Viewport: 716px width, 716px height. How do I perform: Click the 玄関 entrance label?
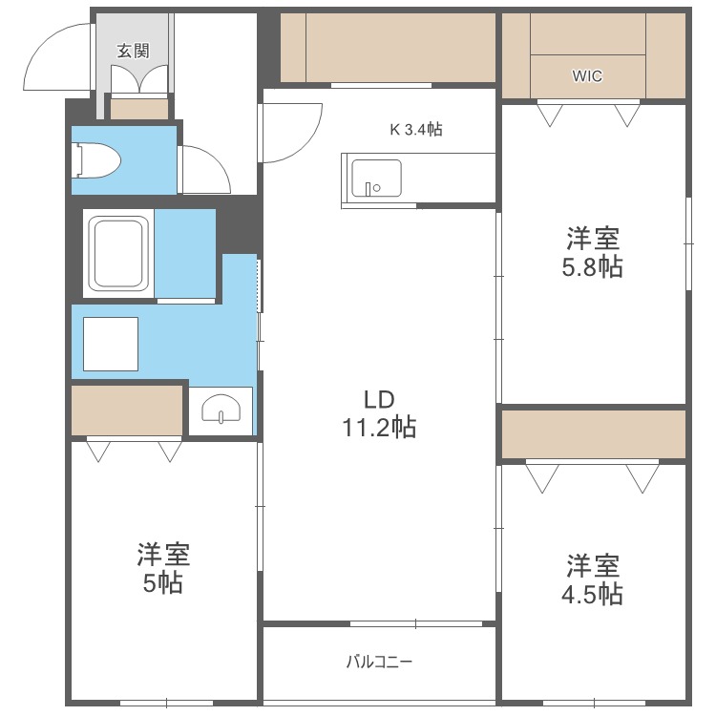(x=134, y=52)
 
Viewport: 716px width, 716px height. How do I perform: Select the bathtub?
(x=118, y=253)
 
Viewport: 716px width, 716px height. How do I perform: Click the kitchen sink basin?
(x=376, y=179)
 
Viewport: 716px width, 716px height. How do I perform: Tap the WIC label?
(x=587, y=76)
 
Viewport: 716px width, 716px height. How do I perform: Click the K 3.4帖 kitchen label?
(x=415, y=129)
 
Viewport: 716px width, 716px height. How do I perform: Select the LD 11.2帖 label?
(x=379, y=413)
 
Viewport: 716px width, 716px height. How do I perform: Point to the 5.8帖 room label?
(x=592, y=251)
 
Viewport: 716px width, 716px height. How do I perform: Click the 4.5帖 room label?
(x=592, y=579)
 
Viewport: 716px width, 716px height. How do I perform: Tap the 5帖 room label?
(x=163, y=568)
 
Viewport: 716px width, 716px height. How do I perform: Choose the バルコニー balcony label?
(x=379, y=661)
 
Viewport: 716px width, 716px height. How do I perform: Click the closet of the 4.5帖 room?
(x=593, y=435)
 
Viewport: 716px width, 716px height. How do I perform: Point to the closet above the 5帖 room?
(x=127, y=411)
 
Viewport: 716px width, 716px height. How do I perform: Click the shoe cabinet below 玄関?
(x=139, y=109)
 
